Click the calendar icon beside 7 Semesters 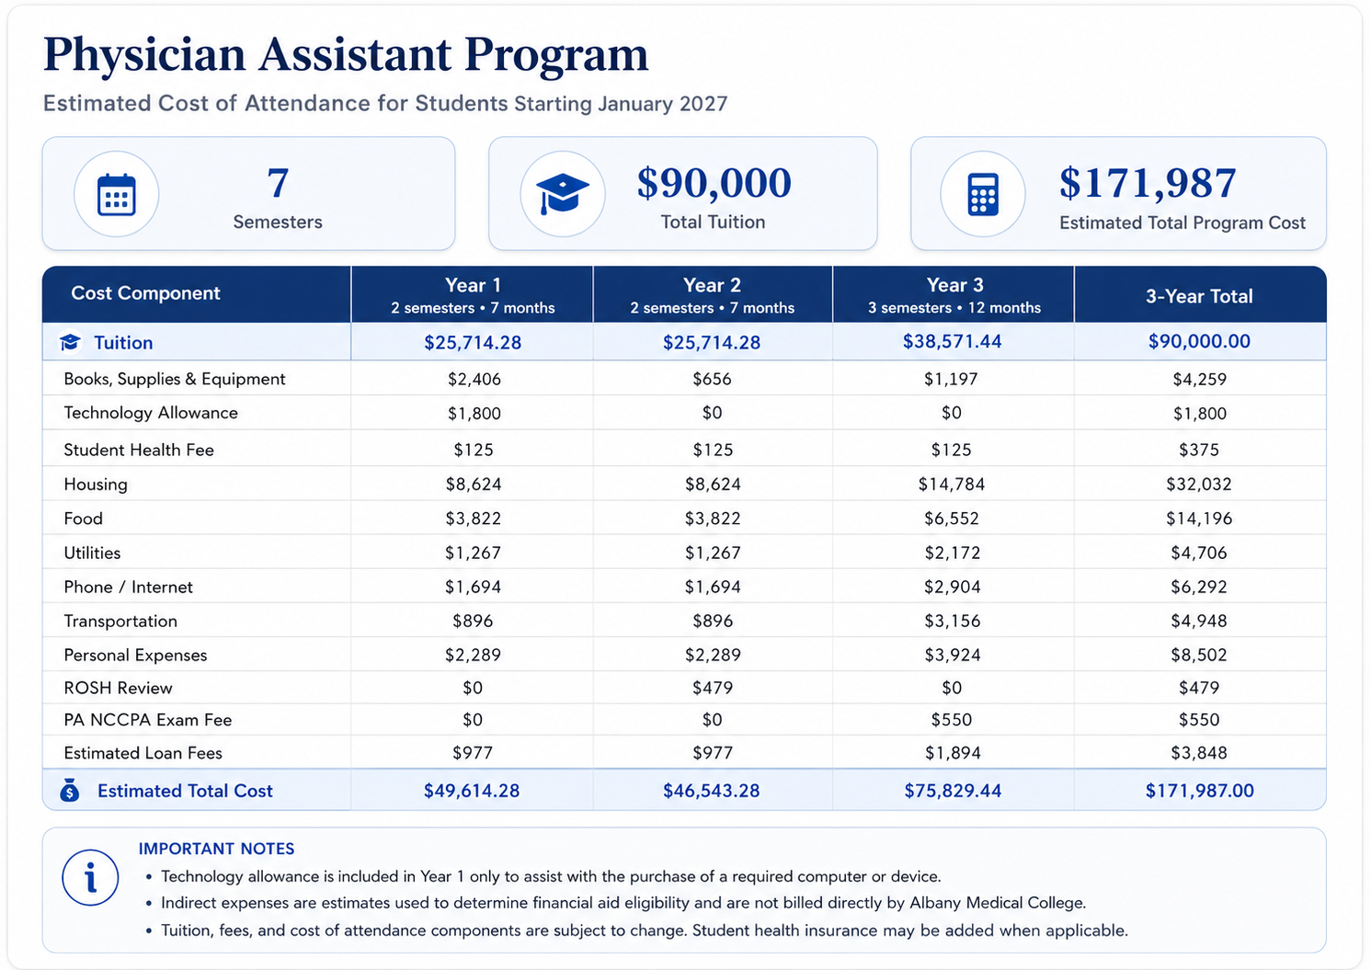pos(116,195)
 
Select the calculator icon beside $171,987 pos(983,195)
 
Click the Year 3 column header pos(954,294)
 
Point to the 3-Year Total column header pos(1199,296)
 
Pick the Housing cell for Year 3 pos(951,485)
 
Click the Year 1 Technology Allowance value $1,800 pos(474,413)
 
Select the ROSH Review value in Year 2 pos(713,688)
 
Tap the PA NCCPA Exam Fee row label pos(147,720)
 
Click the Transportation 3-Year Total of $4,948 pos(1199,621)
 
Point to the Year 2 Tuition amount pos(712,342)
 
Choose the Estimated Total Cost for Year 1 pos(472,791)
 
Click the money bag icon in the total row pos(69,790)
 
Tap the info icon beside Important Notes pos(90,877)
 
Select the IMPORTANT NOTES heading pos(216,849)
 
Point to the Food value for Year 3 pos(951,519)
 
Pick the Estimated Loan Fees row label pos(143,753)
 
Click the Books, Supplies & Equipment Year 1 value pos(474,379)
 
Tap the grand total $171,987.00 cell pos(1199,791)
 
